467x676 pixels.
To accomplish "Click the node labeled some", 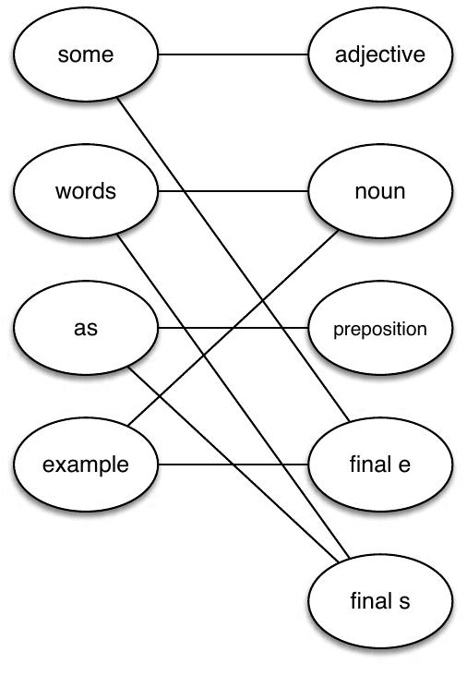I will point(85,54).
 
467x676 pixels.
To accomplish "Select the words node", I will point(85,191).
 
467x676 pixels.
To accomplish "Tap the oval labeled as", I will point(85,328).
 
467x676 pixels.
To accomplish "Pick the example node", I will point(85,464).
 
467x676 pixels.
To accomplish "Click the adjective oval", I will point(380,54).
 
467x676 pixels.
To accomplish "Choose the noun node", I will point(380,191).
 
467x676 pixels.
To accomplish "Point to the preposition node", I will point(380,328).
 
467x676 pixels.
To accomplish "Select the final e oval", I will point(380,464).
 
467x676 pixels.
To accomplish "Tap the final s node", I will point(380,601).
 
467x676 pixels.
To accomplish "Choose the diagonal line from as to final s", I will point(185,416).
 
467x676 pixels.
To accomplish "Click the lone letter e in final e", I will point(404,465).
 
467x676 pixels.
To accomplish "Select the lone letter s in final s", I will point(404,602).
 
